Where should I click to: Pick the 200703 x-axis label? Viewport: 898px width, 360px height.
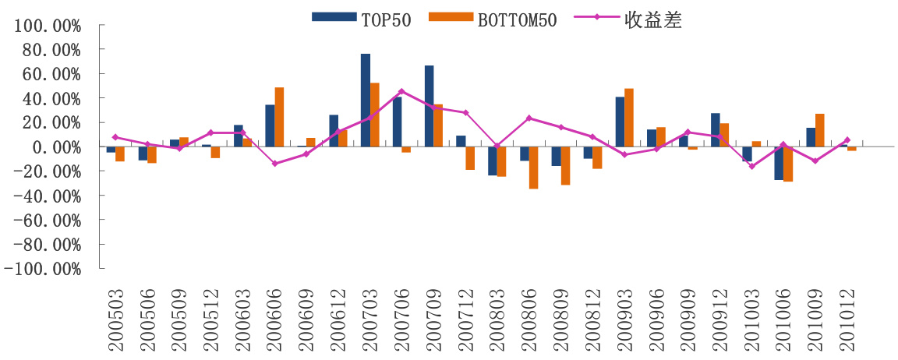pyautogui.click(x=369, y=319)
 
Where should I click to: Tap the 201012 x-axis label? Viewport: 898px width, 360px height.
pyautogui.click(x=847, y=319)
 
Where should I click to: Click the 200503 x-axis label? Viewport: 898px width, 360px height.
pyautogui.click(x=115, y=319)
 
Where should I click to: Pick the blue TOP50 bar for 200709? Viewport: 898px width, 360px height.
pyautogui.click(x=429, y=106)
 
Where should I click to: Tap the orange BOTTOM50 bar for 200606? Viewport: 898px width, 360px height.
pyautogui.click(x=279, y=117)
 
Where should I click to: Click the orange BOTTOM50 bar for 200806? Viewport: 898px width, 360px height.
pyautogui.click(x=534, y=168)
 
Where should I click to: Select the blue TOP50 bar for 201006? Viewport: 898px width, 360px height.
pyautogui.click(x=779, y=164)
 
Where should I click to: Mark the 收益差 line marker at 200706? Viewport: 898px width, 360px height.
pyautogui.click(x=401, y=91)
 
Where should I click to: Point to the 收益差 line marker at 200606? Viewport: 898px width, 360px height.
pyautogui.click(x=274, y=164)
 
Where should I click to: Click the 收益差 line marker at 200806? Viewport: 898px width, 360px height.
pyautogui.click(x=529, y=118)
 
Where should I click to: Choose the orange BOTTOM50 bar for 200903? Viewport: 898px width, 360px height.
pyautogui.click(x=629, y=118)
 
